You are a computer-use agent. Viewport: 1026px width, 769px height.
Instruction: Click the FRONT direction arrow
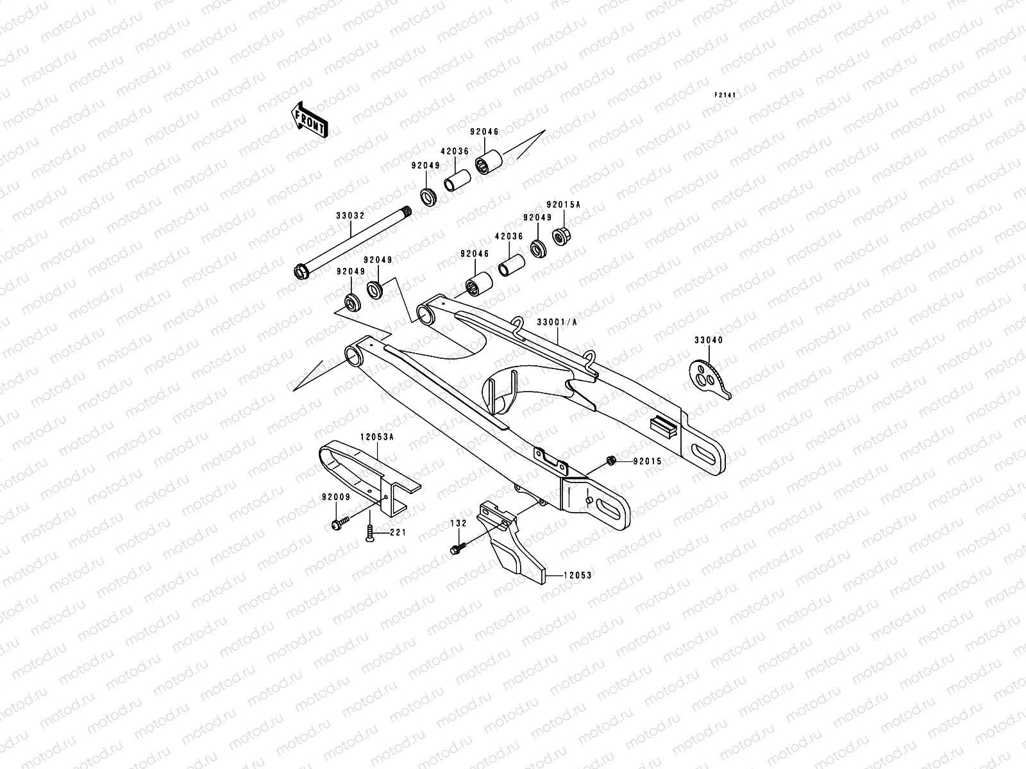coord(310,120)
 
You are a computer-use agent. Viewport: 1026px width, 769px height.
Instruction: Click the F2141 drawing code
coord(726,95)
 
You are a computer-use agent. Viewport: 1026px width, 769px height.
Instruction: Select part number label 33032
coord(350,216)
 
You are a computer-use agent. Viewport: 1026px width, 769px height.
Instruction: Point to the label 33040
coord(708,340)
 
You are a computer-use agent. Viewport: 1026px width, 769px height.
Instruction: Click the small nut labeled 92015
coord(611,460)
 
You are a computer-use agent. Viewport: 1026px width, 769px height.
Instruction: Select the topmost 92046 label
coord(484,131)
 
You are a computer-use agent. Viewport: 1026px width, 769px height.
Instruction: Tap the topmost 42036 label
coord(454,152)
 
